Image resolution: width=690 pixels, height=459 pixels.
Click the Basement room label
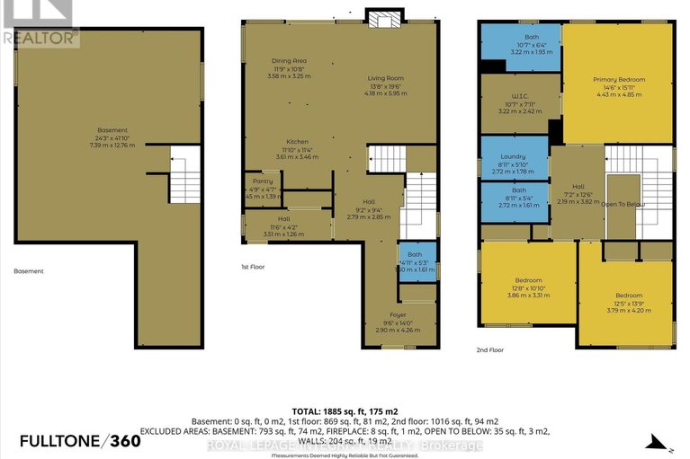112,130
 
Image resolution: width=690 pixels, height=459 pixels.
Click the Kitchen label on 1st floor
297,142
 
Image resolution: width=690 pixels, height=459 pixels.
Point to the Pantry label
262,181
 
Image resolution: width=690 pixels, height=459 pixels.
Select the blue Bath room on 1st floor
416,261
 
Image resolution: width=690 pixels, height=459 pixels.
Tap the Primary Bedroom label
618,80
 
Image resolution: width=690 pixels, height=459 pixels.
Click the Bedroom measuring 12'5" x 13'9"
628,296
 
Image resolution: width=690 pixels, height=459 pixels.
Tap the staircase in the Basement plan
184,174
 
